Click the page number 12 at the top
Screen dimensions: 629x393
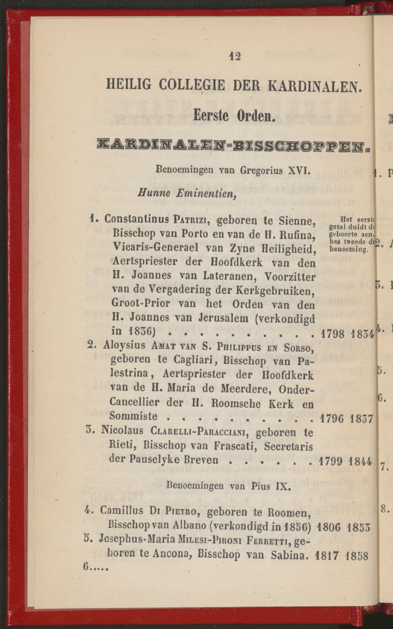coord(236,56)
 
